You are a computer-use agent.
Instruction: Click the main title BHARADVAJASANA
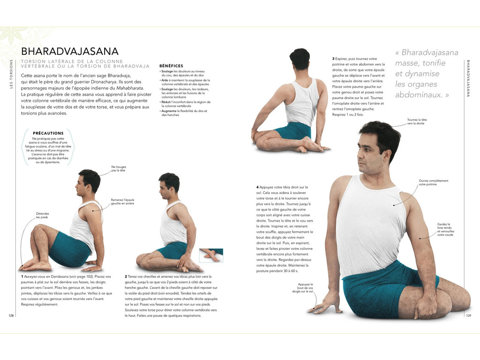70,52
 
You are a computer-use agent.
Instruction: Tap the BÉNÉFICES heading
171,66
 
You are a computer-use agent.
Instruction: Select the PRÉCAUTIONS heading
48,133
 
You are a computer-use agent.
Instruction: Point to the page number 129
468,315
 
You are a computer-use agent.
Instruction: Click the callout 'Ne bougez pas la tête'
119,169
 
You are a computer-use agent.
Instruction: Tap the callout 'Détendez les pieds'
42,215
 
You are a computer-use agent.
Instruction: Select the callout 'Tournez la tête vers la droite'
417,122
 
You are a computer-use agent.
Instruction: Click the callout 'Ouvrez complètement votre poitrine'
434,182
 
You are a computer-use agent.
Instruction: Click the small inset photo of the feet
211,255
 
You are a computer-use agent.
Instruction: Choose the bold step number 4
257,187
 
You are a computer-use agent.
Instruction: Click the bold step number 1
22,277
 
